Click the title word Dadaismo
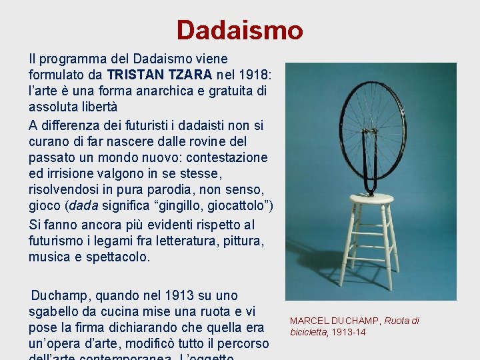pos(239,30)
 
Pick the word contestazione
pos(224,158)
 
